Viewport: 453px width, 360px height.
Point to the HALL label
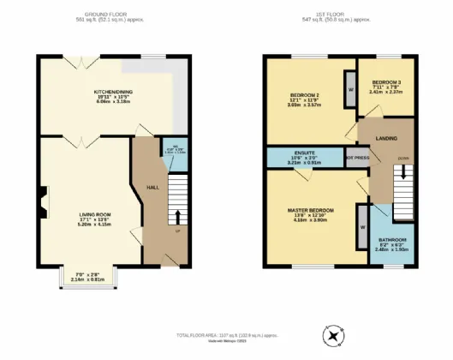pyautogui.click(x=152, y=187)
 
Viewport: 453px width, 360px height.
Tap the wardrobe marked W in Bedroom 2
pyautogui.click(x=350, y=89)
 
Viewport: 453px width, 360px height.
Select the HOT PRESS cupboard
pyautogui.click(x=356, y=159)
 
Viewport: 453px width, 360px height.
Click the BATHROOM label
pyautogui.click(x=394, y=240)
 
